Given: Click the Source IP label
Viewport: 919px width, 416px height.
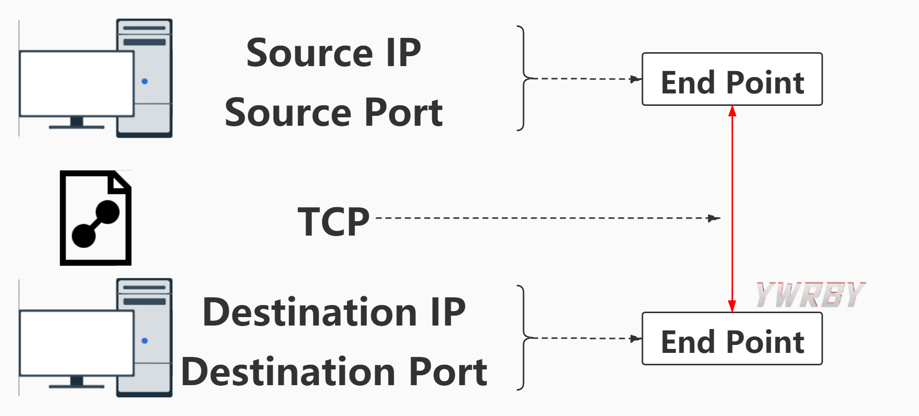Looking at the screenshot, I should tap(333, 53).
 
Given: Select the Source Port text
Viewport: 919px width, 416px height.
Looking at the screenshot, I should tap(333, 113).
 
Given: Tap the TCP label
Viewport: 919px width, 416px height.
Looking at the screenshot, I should tap(333, 222).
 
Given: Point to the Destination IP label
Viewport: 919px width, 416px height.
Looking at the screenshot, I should tap(334, 312).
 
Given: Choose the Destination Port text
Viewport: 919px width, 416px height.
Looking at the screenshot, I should tap(334, 372).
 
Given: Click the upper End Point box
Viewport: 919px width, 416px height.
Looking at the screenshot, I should tap(732, 80).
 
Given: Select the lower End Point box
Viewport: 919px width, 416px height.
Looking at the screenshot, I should tap(732, 339).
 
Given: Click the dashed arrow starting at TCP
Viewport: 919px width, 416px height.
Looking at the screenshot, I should tap(547, 218).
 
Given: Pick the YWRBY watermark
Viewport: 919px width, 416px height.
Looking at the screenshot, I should tap(810, 294).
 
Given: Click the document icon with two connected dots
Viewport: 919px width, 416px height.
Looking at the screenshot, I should tap(95, 218).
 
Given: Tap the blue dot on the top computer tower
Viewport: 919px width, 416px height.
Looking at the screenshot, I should tap(145, 81).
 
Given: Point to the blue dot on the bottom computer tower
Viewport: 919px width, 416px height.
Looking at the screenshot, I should tap(145, 340).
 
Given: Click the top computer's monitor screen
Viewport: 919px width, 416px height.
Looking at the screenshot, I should tap(76, 83).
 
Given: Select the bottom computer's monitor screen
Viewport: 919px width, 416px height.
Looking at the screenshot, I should tap(76, 342).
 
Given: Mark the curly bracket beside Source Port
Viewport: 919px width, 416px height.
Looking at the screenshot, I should tap(522, 79).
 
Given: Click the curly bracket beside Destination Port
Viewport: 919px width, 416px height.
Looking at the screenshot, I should tap(522, 338).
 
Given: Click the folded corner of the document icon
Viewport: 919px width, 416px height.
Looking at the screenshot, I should tap(121, 182).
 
